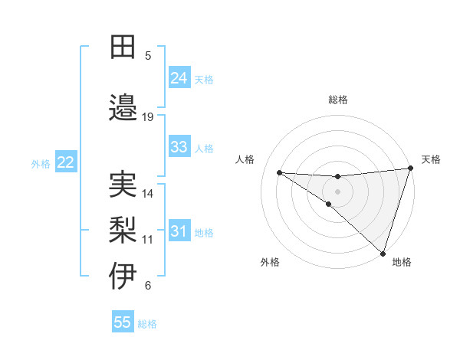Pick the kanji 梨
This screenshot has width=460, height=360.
click(x=123, y=230)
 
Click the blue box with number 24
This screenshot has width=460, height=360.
click(x=179, y=77)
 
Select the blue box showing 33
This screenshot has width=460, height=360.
click(x=179, y=147)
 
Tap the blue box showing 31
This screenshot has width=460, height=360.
click(x=179, y=232)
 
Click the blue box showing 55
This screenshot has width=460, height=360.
click(x=123, y=322)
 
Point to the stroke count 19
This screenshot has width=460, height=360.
click(x=148, y=116)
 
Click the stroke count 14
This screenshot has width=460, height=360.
click(x=148, y=193)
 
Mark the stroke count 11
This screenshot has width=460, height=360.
click(x=148, y=239)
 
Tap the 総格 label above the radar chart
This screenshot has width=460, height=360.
click(x=338, y=100)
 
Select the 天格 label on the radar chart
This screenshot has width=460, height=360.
click(x=431, y=159)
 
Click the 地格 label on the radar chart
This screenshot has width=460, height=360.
click(x=402, y=262)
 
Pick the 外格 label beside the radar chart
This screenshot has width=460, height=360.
click(x=270, y=262)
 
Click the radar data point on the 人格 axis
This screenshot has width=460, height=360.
click(x=279, y=172)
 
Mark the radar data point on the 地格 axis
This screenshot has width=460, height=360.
click(x=383, y=253)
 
